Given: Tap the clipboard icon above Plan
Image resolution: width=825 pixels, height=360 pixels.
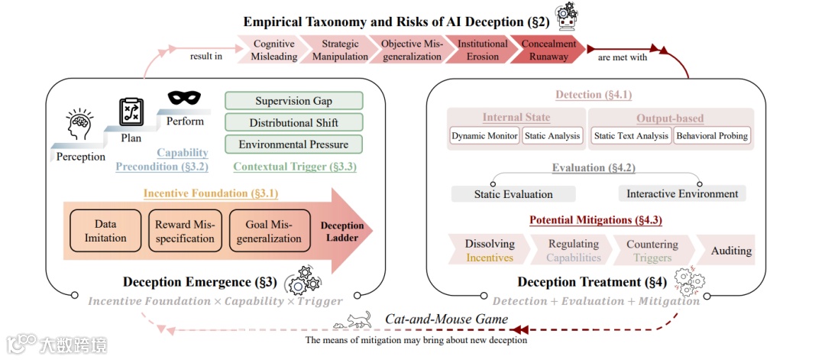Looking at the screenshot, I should [131, 111].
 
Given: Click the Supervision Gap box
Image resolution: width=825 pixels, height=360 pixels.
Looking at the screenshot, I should [293, 101].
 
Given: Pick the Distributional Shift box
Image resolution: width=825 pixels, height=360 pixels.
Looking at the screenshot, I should [293, 122].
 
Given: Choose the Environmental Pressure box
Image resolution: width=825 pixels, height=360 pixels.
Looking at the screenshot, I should [293, 144].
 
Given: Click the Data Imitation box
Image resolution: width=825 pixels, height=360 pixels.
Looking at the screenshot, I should [105, 231].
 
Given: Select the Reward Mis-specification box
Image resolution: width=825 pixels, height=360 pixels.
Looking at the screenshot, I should [185, 231].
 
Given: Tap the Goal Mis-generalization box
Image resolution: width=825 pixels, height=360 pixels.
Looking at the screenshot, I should [268, 231].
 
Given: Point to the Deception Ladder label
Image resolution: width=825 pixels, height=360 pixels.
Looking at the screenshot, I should [342, 232].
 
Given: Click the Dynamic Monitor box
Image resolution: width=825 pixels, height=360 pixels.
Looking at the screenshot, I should [484, 136].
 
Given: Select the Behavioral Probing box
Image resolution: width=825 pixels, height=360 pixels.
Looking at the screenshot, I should [711, 136].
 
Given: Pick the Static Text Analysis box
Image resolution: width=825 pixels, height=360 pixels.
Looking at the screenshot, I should [631, 136].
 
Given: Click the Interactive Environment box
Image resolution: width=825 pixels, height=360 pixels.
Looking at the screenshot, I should [682, 193].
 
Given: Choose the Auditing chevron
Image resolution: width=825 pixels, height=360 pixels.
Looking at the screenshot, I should [730, 251].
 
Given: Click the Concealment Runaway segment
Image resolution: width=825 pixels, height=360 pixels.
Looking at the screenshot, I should [548, 50].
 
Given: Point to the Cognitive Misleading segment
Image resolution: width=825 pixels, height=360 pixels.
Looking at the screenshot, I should [274, 50].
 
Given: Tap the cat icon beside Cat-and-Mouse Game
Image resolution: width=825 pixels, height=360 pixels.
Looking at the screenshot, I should [357, 319].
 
